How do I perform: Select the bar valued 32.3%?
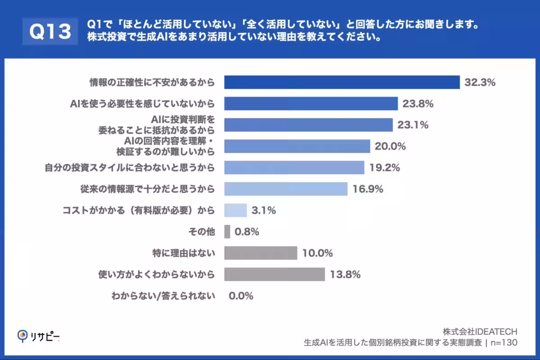coord(342,82)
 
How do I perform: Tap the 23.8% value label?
coord(418,104)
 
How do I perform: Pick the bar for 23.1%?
coord(308,125)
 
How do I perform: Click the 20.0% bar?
coord(297,146)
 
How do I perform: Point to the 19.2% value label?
coord(385,168)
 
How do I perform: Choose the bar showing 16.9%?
coord(286,189)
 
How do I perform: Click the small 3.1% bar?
coord(235,210)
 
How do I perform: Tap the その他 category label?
coord(202,232)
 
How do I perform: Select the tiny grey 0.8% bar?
coord(227,232)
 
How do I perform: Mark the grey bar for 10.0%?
coord(261,253)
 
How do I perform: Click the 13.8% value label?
coord(345,274)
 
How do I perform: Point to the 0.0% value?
coord(241,296)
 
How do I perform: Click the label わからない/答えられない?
coord(163,296)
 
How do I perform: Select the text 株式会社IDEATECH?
coord(480,332)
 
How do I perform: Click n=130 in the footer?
coord(504,343)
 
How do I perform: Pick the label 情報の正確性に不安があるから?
coord(151,82)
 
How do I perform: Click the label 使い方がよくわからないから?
coord(157,274)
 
